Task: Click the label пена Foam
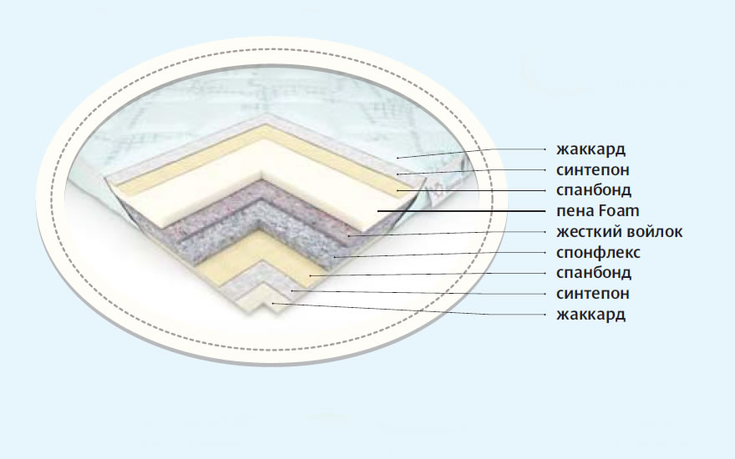[x=597, y=211]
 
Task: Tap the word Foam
[x=618, y=211]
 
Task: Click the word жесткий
[x=589, y=231]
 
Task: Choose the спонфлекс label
[x=597, y=252]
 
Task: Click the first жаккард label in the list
[x=591, y=149]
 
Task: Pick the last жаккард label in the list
[x=591, y=314]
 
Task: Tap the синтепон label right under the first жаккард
[x=593, y=170]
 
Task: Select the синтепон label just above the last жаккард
[x=593, y=293]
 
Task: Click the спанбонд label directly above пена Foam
[x=593, y=190]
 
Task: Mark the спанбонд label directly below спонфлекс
[x=593, y=273]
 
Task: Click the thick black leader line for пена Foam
[x=468, y=210]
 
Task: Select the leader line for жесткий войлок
[x=451, y=233]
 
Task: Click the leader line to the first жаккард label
[x=476, y=151]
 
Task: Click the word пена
[x=572, y=211]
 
